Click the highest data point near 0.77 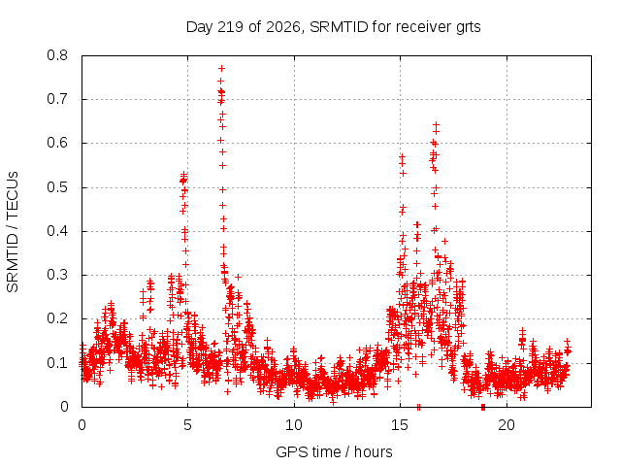click(222, 69)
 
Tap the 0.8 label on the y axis click(57, 55)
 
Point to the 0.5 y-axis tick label click(57, 187)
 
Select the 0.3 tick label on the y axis click(57, 275)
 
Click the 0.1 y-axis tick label click(57, 362)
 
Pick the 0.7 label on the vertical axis click(57, 99)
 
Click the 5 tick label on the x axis click(187, 425)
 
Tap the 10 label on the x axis click(294, 425)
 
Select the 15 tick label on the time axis click(400, 425)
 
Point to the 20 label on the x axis click(507, 425)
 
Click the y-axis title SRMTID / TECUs click(13, 232)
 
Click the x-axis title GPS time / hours click(334, 451)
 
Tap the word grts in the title click(468, 27)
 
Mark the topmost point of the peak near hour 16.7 click(436, 125)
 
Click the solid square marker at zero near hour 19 click(483, 407)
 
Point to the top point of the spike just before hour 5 click(183, 174)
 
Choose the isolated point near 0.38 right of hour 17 click(444, 241)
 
